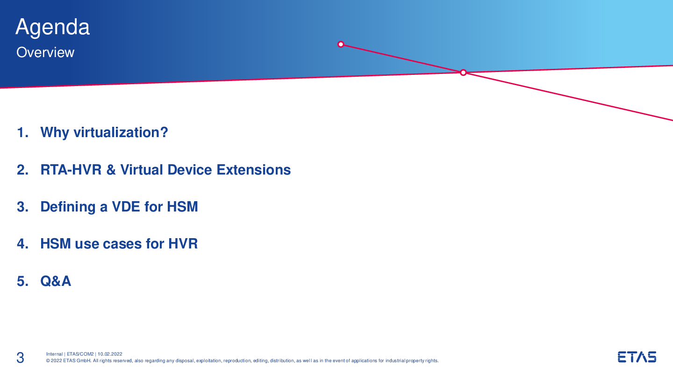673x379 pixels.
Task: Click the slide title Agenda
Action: click(x=52, y=28)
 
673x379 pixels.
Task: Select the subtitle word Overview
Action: click(x=45, y=52)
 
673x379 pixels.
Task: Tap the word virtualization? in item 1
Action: click(x=121, y=133)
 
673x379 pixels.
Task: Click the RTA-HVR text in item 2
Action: click(x=71, y=170)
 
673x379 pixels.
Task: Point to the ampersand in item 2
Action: click(x=111, y=170)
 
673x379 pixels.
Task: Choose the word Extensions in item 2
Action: click(x=254, y=170)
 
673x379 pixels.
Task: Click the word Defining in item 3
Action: click(x=68, y=207)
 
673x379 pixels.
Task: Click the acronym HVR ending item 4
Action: click(x=183, y=244)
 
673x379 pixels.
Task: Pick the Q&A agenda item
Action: click(x=56, y=281)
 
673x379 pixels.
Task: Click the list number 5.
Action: click(x=23, y=281)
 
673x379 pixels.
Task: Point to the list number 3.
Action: click(x=23, y=207)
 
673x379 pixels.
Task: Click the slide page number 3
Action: click(x=20, y=358)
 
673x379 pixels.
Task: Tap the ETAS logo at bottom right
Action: click(x=637, y=357)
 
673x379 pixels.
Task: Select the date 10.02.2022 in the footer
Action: click(x=110, y=354)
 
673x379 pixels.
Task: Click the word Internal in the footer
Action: click(x=54, y=354)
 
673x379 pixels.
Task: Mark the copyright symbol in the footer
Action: click(x=48, y=361)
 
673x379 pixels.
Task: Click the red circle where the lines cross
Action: click(x=463, y=73)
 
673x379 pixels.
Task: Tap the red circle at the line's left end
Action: click(x=341, y=44)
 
